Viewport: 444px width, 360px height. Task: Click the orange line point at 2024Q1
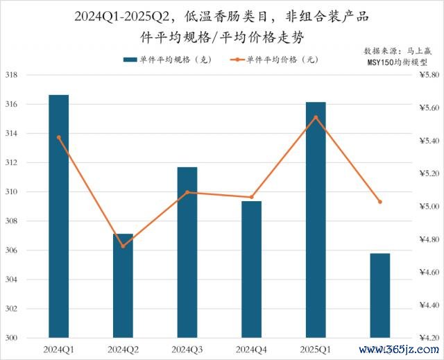pyautogui.click(x=59, y=137)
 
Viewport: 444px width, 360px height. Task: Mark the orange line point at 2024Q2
pyautogui.click(x=123, y=246)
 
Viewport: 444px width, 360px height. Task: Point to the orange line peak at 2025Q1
pyautogui.click(x=316, y=117)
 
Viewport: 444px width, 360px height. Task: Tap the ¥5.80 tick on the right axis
pyautogui.click(x=429, y=75)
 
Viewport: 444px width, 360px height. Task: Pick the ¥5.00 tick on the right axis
pyautogui.click(x=429, y=207)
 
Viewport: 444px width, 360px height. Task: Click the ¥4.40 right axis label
pyautogui.click(x=429, y=305)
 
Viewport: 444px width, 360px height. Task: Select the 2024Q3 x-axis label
pyautogui.click(x=187, y=348)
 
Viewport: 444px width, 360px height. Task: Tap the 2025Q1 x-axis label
pyautogui.click(x=316, y=348)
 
